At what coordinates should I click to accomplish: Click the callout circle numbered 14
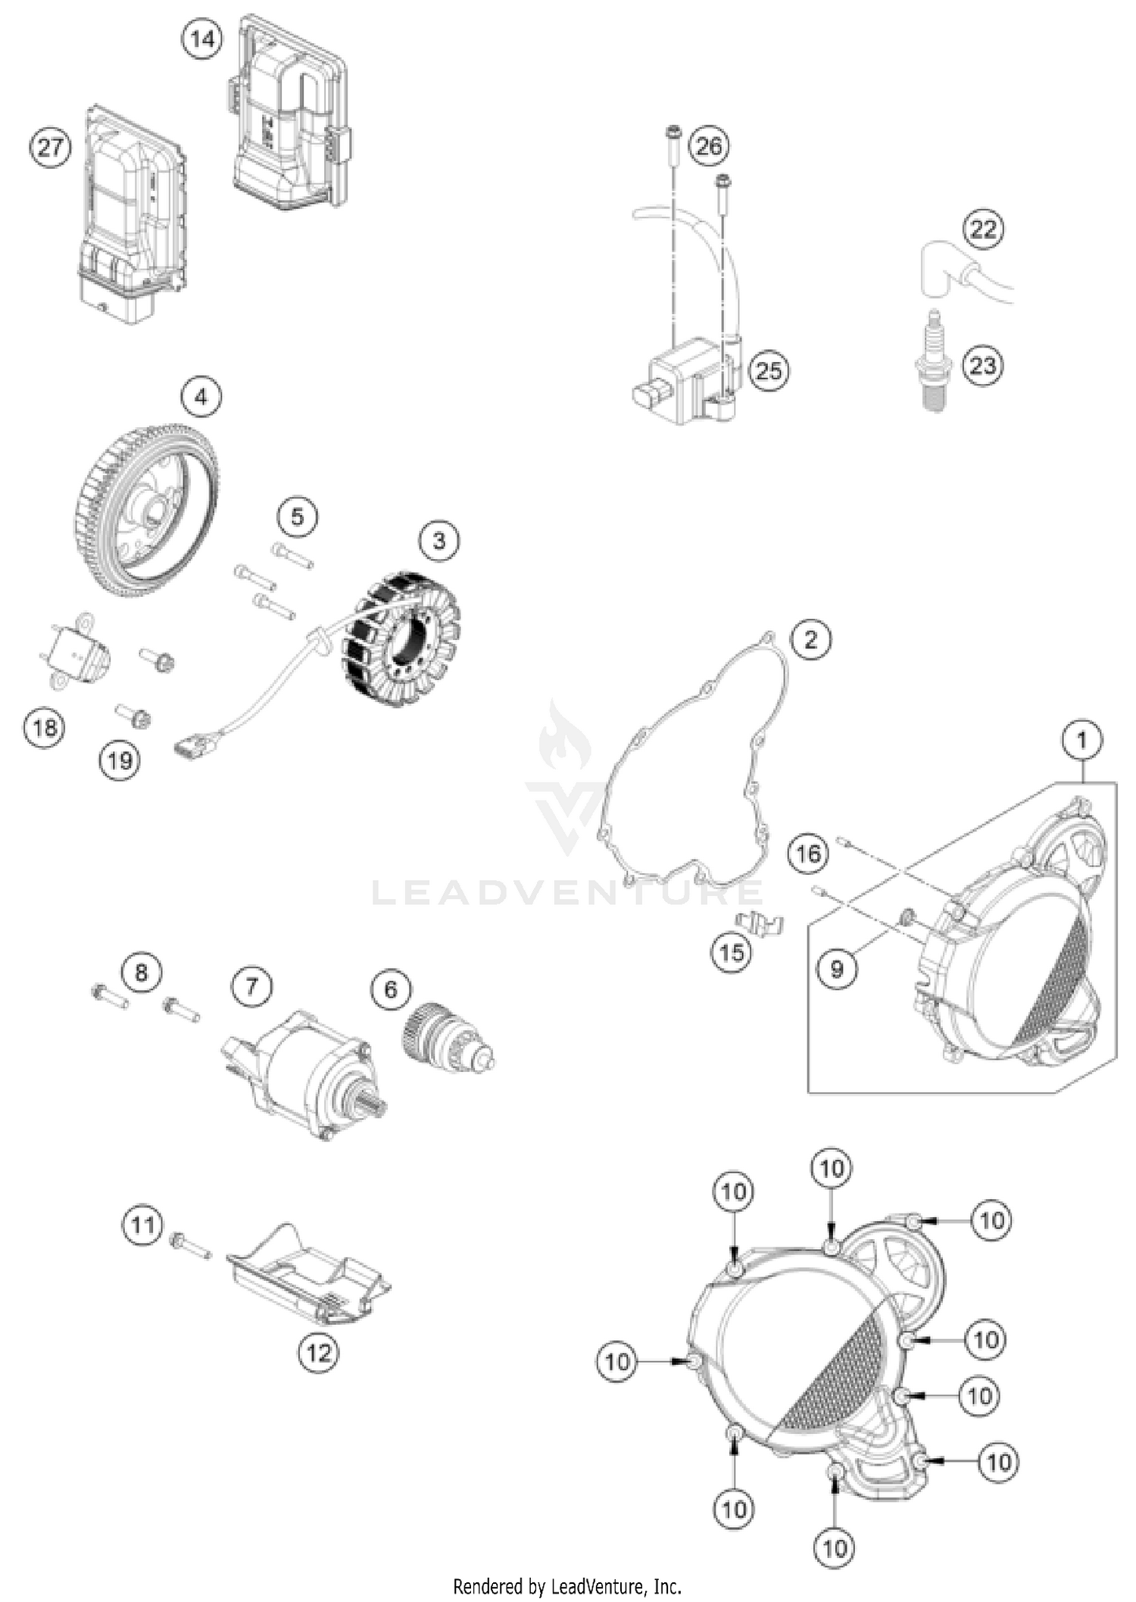point(202,38)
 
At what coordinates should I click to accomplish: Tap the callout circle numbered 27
point(50,146)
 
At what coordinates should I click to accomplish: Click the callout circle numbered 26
point(709,145)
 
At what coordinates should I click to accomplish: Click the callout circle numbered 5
point(297,517)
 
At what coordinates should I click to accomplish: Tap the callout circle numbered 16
point(807,854)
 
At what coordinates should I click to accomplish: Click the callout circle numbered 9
point(837,967)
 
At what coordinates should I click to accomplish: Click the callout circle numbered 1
point(1081,740)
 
